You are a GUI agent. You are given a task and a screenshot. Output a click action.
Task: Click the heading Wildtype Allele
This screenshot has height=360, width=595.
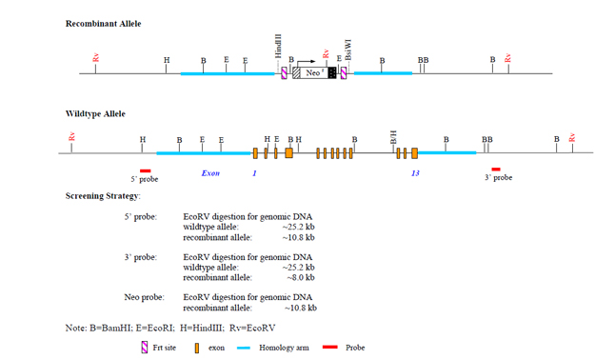tap(95, 113)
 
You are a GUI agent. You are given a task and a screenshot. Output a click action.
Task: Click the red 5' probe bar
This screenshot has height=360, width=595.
tap(145, 169)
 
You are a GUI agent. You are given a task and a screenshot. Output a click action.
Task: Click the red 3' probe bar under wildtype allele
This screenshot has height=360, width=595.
tap(495, 169)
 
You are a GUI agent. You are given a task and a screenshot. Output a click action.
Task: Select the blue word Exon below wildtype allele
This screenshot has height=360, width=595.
tap(210, 174)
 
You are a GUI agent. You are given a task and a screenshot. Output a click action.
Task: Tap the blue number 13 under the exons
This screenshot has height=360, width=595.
tap(415, 174)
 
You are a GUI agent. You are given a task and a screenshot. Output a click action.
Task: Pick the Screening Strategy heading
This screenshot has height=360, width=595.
tap(103, 195)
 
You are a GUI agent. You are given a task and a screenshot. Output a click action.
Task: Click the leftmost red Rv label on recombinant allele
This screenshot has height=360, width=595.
tap(96, 59)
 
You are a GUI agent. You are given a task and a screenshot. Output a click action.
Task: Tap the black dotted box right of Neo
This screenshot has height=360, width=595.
tap(332, 73)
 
